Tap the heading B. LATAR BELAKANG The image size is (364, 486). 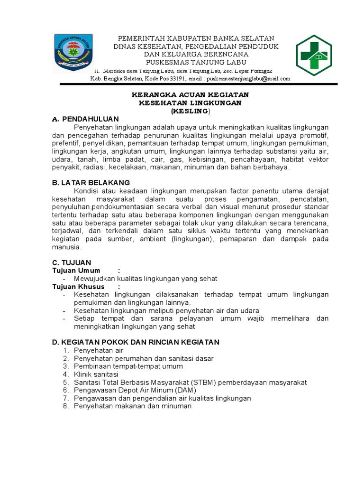tap(91, 183)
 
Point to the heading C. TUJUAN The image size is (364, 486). tap(72, 262)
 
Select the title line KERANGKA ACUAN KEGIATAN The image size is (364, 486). tap(190, 95)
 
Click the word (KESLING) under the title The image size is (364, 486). tap(190, 111)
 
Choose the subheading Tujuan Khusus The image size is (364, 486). tap(79, 287)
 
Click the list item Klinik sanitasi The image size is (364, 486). tap(96, 374)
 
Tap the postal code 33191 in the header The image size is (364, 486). tap(177, 79)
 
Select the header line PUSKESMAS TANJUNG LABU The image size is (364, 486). tap(196, 62)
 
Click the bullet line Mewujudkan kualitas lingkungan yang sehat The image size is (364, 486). tap(146, 279)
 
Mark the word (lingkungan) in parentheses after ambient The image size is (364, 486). tap(189, 239)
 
